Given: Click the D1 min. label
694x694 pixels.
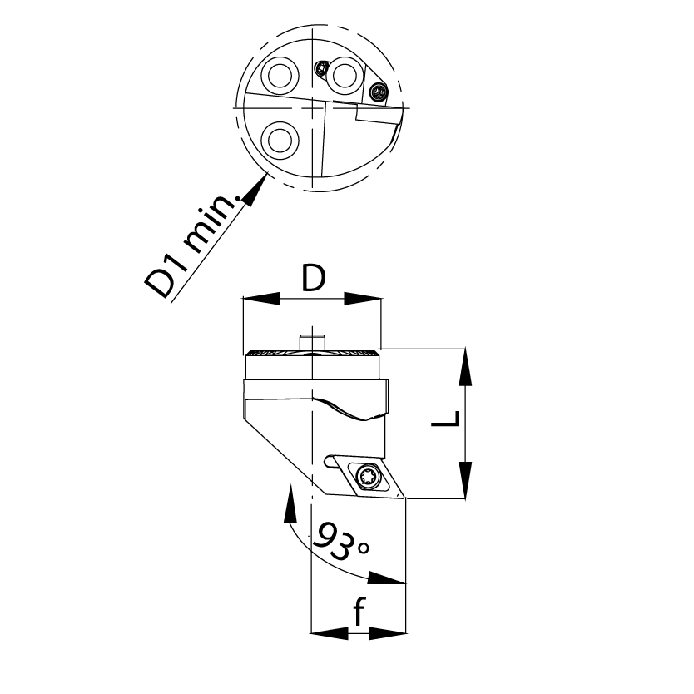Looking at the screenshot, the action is [196, 245].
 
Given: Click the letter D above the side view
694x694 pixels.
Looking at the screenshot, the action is [314, 279].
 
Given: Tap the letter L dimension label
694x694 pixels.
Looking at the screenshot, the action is [445, 419].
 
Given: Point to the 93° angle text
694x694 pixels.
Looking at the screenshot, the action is [341, 540].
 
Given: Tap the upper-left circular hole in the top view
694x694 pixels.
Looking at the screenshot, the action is [280, 75].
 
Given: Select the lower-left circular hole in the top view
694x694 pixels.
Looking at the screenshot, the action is [280, 141].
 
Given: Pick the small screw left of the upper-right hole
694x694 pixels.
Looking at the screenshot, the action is [320, 68].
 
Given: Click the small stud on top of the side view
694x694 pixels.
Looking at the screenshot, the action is [313, 342].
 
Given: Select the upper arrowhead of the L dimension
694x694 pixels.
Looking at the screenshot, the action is [465, 366].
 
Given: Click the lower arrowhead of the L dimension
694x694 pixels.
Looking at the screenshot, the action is [465, 481].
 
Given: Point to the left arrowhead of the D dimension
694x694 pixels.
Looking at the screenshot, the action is [261, 299].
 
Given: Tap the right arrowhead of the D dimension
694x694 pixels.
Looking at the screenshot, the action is [362, 299].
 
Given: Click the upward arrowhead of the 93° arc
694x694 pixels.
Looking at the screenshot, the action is [290, 503].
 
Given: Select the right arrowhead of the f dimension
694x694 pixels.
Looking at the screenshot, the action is [387, 633].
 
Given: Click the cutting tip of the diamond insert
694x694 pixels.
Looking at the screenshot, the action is [405, 498].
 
